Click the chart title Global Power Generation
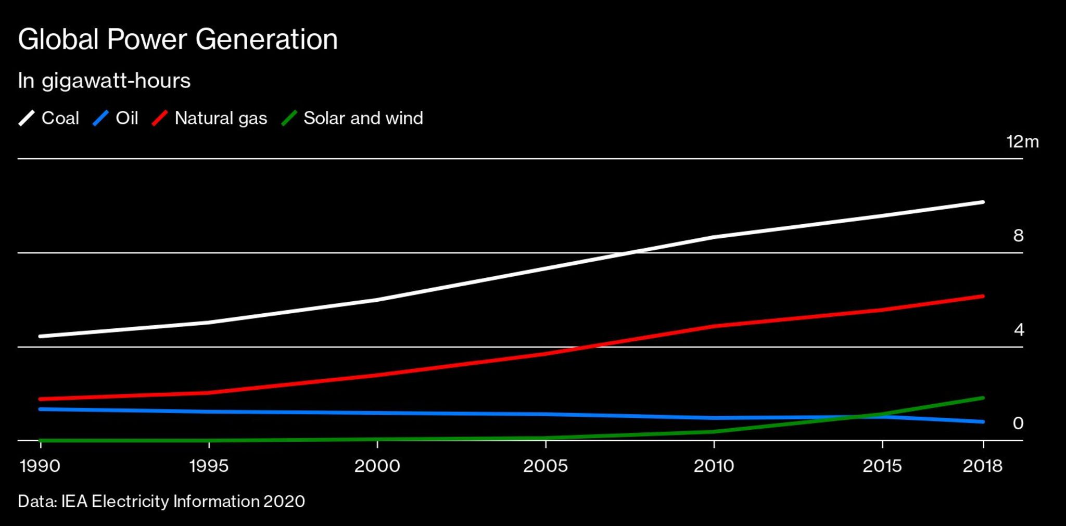click(177, 40)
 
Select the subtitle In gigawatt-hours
click(104, 81)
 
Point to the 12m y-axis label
click(1022, 142)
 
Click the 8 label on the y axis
click(1018, 236)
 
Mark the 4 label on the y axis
click(1019, 330)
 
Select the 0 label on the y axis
click(1018, 424)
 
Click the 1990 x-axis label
click(40, 466)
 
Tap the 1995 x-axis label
click(209, 466)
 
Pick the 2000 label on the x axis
click(377, 466)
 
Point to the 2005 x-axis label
click(545, 466)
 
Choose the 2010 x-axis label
click(714, 466)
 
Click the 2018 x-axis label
click(982, 466)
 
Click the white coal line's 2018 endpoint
click(982, 202)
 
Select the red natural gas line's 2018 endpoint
click(982, 296)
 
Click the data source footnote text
click(161, 502)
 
